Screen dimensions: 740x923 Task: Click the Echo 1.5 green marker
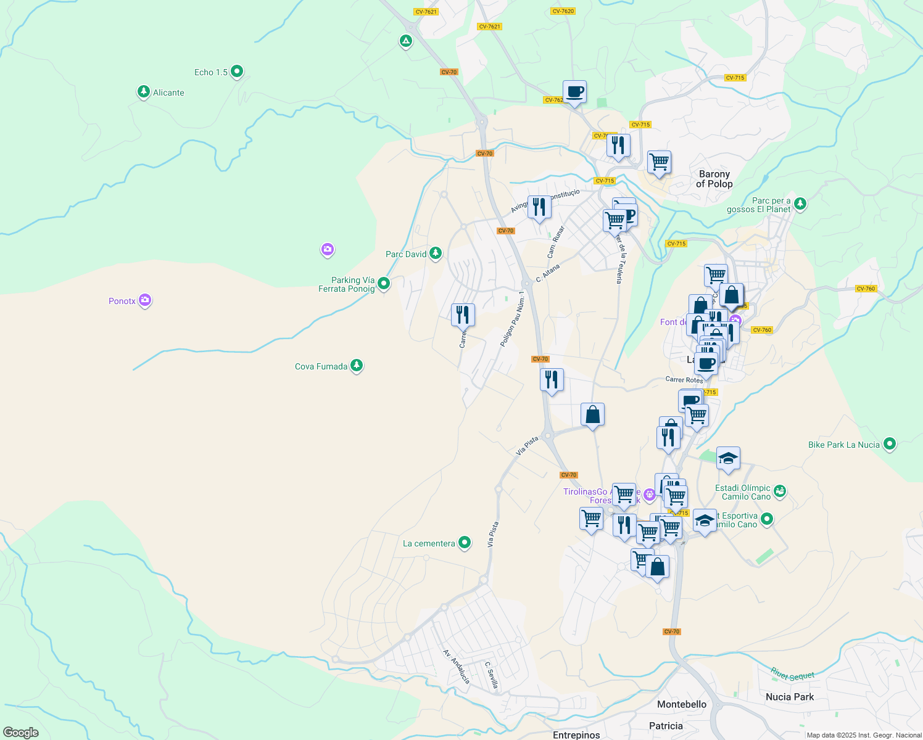tap(236, 72)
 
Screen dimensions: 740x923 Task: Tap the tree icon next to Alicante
tap(144, 92)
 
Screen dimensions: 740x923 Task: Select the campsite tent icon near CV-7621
tap(405, 41)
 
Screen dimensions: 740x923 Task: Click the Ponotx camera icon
tap(145, 300)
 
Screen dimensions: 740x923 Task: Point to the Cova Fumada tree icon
tap(356, 366)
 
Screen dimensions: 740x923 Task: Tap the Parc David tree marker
tap(436, 253)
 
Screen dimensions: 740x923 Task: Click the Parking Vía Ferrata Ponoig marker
tap(384, 284)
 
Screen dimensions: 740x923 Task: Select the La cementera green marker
tap(465, 543)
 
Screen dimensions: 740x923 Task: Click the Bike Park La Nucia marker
tap(889, 444)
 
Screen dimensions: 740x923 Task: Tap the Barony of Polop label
tap(714, 179)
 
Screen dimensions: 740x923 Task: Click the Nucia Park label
tap(790, 697)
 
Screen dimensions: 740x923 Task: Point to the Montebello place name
tap(682, 704)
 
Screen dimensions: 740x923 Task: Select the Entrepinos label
tap(576, 735)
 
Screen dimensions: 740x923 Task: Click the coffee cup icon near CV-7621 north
tap(574, 92)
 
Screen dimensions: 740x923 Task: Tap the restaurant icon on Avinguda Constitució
tap(539, 207)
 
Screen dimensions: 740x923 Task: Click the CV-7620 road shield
tap(563, 11)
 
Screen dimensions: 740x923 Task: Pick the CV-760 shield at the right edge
tap(866, 289)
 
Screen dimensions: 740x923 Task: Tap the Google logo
tap(21, 733)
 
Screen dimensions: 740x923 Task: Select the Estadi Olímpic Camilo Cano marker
tap(780, 491)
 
